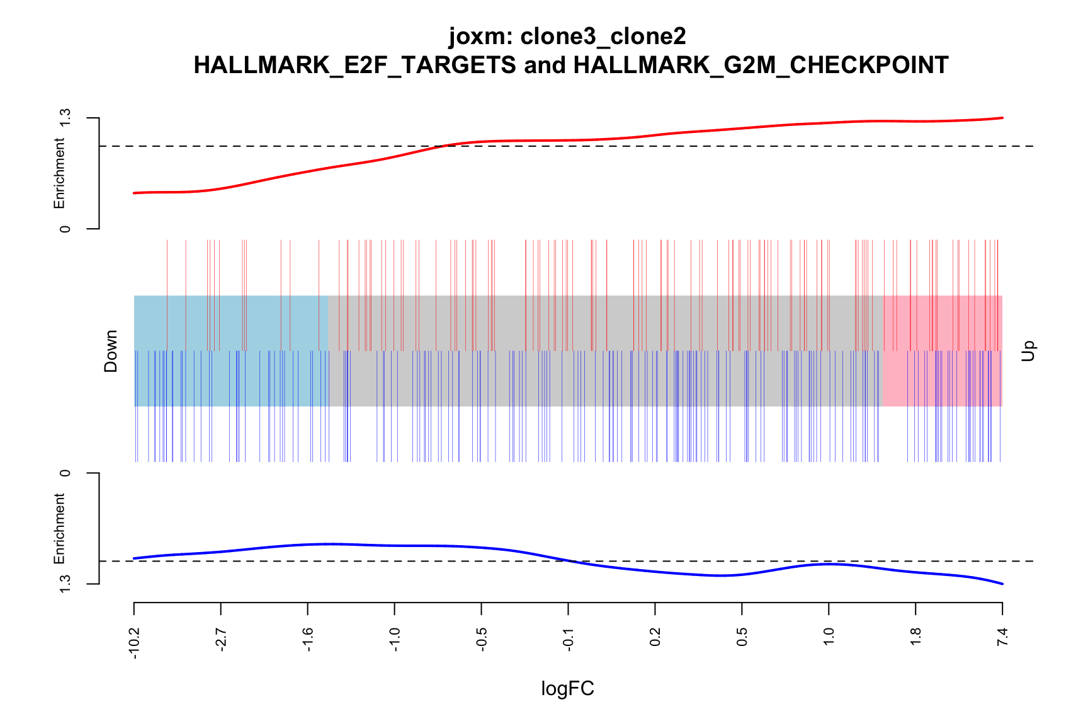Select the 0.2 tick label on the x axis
click(x=655, y=637)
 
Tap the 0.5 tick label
click(x=742, y=637)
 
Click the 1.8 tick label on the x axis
click(x=916, y=637)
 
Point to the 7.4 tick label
click(x=1003, y=637)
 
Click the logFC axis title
click(x=567, y=689)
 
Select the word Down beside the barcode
click(x=111, y=351)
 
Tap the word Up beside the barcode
click(x=1028, y=351)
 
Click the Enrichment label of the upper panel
click(x=59, y=174)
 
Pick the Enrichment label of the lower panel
click(x=59, y=528)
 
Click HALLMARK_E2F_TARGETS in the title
click(x=355, y=65)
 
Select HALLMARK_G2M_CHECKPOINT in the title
click(x=761, y=65)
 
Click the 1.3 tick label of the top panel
click(x=64, y=118)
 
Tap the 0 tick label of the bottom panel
click(x=64, y=473)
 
